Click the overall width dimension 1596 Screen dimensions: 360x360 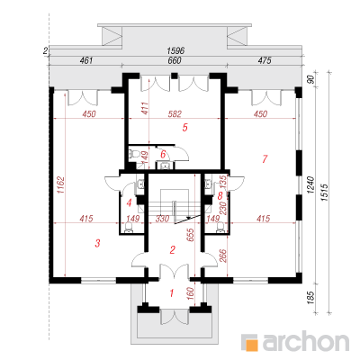175,50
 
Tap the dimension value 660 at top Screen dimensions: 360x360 175,60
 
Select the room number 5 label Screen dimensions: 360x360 185,128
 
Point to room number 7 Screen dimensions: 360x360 265,159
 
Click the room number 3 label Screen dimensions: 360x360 97,243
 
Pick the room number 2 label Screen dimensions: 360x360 173,249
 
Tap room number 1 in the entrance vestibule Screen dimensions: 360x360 172,292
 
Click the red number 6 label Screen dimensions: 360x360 163,155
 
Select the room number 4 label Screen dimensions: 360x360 130,203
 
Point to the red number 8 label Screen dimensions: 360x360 220,196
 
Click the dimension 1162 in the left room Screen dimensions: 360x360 60,185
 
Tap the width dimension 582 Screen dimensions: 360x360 175,114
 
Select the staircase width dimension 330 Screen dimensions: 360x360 162,219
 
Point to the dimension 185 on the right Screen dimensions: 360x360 310,298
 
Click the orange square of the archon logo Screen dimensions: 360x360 252,345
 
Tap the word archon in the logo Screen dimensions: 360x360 306,341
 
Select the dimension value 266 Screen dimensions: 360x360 223,256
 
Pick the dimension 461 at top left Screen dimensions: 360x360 86,60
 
